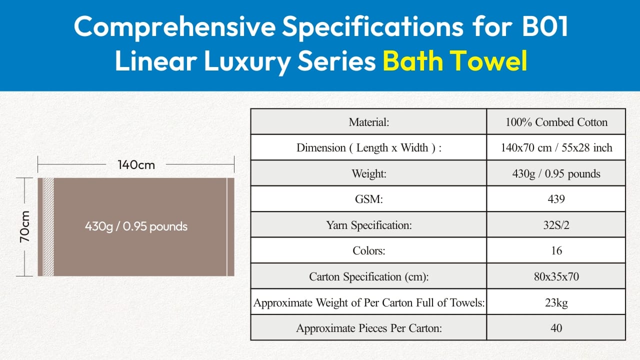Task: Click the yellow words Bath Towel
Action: [x=455, y=60]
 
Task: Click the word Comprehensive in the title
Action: [x=175, y=27]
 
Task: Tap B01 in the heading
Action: [x=545, y=26]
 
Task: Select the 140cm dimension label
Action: [x=136, y=165]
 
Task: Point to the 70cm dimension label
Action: [x=25, y=227]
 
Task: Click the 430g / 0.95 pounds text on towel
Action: [x=136, y=226]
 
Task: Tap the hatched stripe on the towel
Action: [x=48, y=227]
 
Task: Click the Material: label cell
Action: [x=368, y=122]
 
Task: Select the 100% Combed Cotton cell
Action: [x=556, y=122]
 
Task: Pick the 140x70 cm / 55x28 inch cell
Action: [x=556, y=147]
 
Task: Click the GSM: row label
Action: [x=368, y=199]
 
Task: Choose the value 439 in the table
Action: [x=556, y=199]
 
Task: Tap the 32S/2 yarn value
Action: [x=556, y=225]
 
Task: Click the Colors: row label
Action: [x=368, y=250]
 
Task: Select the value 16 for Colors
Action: [x=556, y=250]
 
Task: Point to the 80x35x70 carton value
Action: [x=556, y=276]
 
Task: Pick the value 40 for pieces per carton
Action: [x=556, y=328]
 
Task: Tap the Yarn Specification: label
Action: [x=368, y=225]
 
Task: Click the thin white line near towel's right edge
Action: [x=227, y=227]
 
